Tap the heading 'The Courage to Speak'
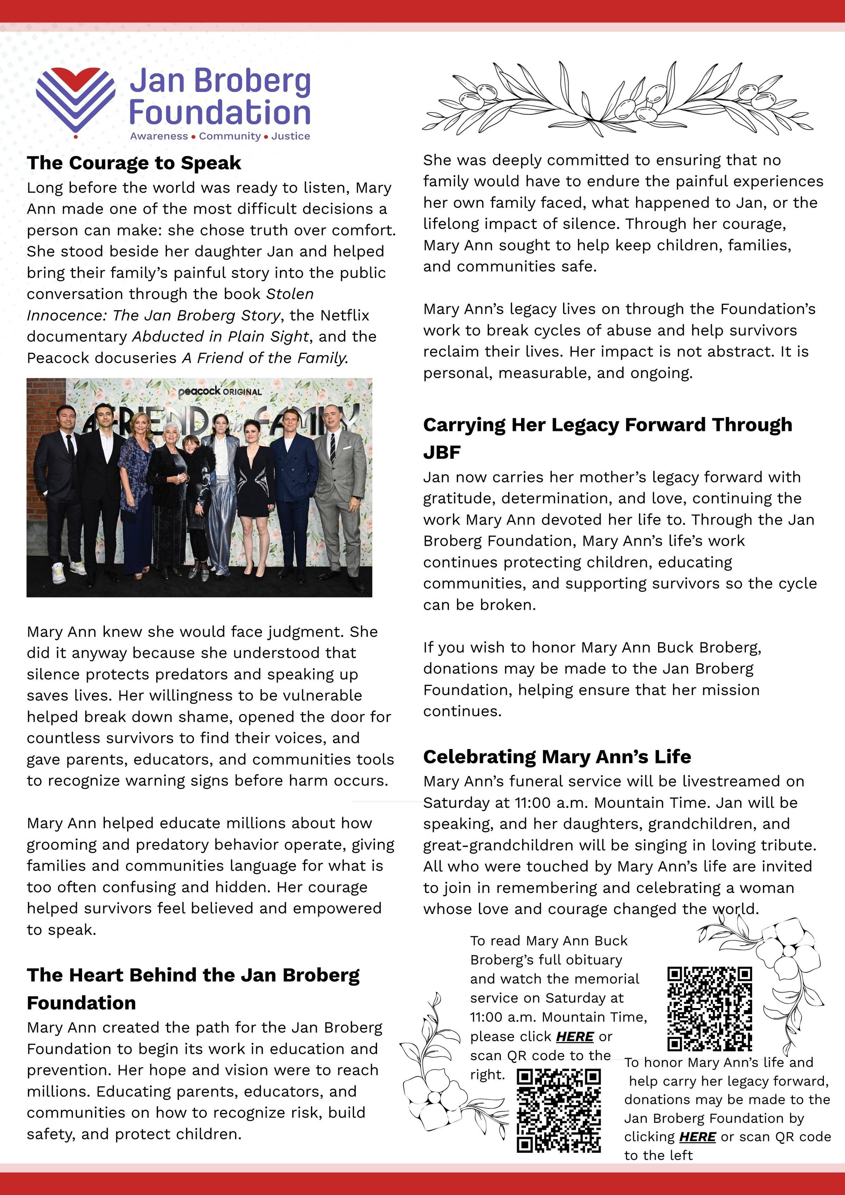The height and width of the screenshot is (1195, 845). [134, 163]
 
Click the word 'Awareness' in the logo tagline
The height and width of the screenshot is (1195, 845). [159, 136]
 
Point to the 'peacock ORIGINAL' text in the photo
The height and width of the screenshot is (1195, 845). [220, 392]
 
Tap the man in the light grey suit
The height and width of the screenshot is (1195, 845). [341, 494]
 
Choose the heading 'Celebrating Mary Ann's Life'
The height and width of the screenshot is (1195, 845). [557, 756]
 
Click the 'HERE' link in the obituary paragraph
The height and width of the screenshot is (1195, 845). [575, 1037]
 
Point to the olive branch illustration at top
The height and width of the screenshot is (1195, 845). [617, 99]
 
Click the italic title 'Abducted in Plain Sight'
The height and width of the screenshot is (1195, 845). [221, 337]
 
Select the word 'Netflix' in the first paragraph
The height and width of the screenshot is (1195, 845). [345, 315]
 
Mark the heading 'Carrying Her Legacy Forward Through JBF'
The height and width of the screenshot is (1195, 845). [607, 438]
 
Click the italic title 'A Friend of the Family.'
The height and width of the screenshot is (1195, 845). [265, 358]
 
